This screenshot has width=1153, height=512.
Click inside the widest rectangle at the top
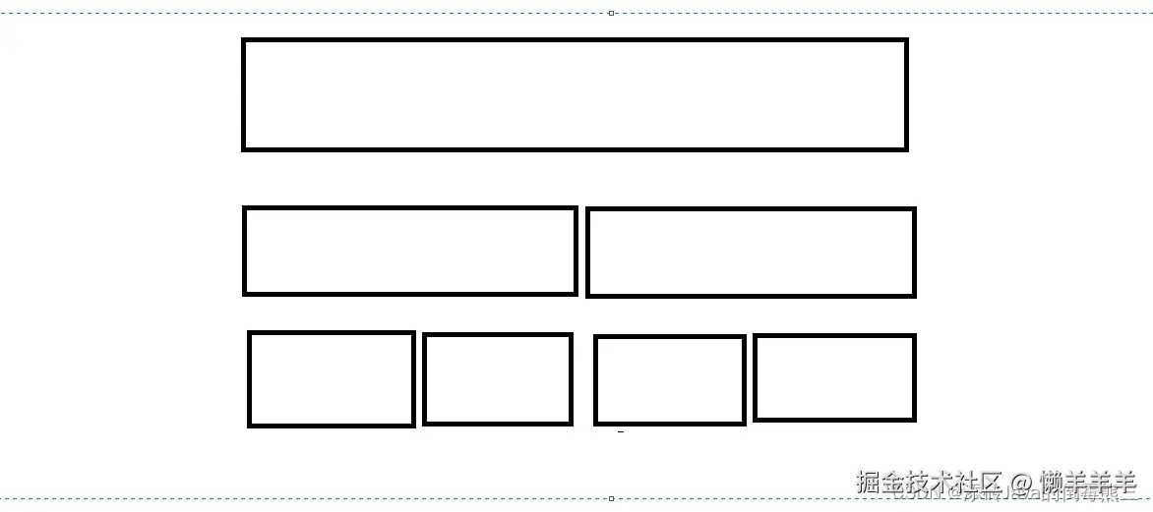pos(574,94)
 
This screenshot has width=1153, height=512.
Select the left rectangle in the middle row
pos(409,251)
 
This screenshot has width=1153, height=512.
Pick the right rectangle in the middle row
pos(751,252)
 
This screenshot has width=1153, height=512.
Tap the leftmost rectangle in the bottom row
pos(331,379)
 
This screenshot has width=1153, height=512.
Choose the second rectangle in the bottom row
pos(498,379)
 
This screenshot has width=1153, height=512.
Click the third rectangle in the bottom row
pos(670,380)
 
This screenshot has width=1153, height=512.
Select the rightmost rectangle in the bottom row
pos(834,377)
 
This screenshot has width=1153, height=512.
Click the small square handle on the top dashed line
pos(611,13)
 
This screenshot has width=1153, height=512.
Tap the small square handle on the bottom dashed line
pos(611,498)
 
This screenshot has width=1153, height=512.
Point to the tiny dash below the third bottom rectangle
pos(620,431)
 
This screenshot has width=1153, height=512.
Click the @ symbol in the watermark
pos(1021,483)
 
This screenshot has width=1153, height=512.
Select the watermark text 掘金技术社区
pos(929,483)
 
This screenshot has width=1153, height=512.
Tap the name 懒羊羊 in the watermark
pos(1089,483)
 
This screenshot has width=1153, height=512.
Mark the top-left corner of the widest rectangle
pos(244,40)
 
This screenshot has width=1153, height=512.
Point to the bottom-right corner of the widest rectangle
pos(905,148)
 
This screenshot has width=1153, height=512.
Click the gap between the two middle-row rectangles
pos(581,252)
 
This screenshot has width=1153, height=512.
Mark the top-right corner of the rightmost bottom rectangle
pos(914,336)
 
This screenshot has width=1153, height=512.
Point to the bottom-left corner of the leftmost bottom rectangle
pos(250,425)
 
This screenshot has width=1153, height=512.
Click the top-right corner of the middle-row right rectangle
pos(914,209)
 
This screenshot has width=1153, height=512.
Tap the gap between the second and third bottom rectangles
pos(583,379)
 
